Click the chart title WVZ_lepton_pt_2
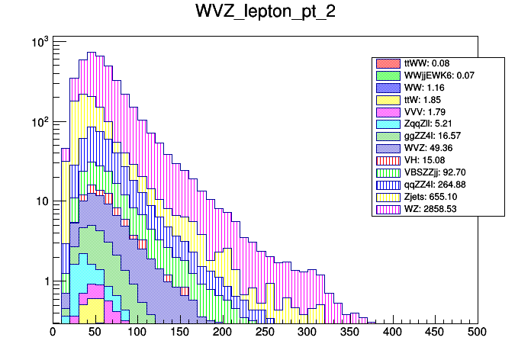265,15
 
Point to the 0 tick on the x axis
53,332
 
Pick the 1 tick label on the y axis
43,281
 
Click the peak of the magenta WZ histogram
91,53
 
